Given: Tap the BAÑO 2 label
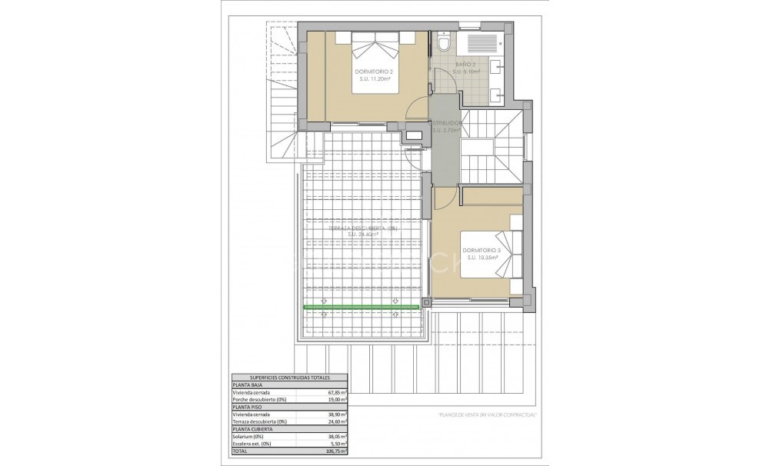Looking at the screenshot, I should [465, 64].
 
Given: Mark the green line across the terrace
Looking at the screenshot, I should [362, 308].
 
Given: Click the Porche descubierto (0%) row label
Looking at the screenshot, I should [260, 400].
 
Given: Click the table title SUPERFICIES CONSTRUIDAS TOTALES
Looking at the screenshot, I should [289, 378].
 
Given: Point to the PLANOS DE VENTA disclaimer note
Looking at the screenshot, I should [487, 415].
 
